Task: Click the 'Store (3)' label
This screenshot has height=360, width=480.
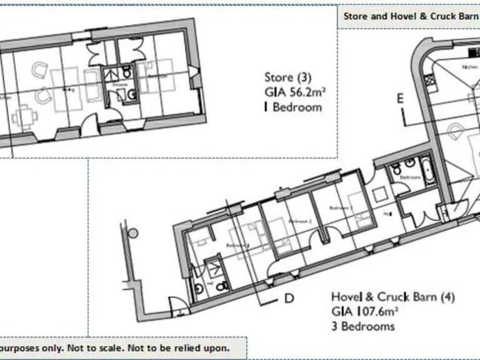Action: click(x=287, y=78)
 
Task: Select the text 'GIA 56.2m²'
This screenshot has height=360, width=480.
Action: click(x=296, y=92)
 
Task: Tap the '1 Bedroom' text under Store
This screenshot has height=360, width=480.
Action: click(x=293, y=107)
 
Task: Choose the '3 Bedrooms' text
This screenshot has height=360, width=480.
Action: click(x=362, y=326)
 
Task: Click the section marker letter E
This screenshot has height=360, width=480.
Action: click(x=400, y=98)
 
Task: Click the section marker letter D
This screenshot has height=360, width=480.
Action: click(x=289, y=298)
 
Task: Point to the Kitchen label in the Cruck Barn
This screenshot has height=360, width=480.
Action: click(x=469, y=66)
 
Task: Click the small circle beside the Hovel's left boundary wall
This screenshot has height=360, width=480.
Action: click(x=132, y=232)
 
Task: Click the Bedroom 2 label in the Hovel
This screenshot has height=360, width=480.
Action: click(x=300, y=221)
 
